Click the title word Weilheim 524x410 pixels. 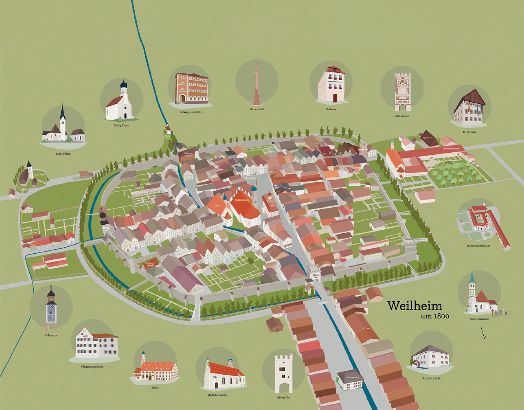click(415, 306)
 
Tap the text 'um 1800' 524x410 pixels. click(435, 316)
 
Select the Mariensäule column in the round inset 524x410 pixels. click(257, 85)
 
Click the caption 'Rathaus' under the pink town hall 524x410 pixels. click(331, 109)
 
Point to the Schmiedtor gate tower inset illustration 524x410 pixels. click(403, 91)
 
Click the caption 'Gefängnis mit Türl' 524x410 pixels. click(190, 112)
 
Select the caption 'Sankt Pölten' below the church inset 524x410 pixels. click(63, 154)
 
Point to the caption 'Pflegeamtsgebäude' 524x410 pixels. click(92, 367)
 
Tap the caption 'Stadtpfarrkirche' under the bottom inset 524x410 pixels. click(217, 395)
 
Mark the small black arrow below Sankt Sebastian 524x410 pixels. click(483, 333)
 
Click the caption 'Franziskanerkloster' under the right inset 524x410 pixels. click(478, 246)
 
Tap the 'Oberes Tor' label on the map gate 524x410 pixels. click(315, 276)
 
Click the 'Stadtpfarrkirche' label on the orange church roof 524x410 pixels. click(242, 200)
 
